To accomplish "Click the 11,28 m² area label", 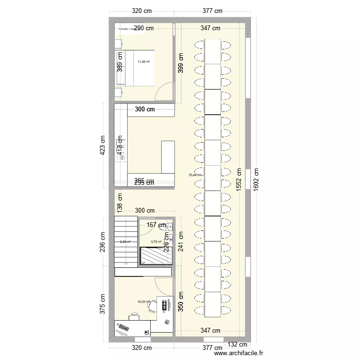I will click(143, 61).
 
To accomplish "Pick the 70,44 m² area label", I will click(195, 175).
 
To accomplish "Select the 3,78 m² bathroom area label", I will click(156, 242).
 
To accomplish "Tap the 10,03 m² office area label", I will click(143, 302).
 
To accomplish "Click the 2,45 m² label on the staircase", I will click(125, 242).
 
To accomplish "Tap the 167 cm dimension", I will click(156, 225).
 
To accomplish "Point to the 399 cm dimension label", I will click(180, 62).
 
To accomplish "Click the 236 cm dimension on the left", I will click(102, 242).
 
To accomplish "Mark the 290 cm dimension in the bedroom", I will click(144, 28).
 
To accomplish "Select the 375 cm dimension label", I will click(102, 304).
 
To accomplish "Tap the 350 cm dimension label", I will click(180, 300).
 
